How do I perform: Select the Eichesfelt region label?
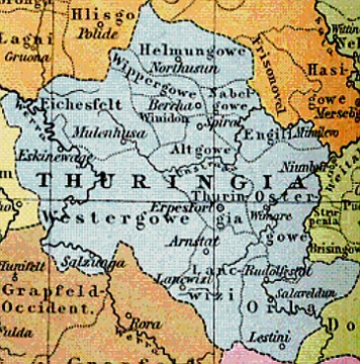click(82, 105)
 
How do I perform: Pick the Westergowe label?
click(116, 218)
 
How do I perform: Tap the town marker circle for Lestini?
click(282, 346)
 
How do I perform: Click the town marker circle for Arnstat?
click(206, 251)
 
